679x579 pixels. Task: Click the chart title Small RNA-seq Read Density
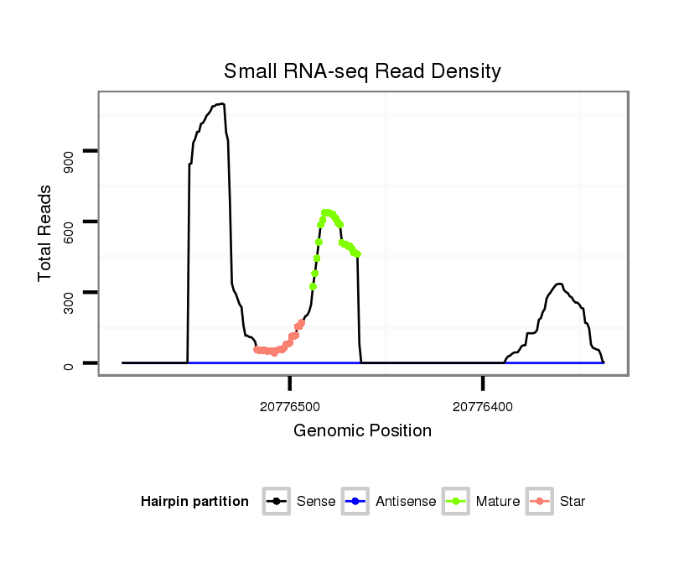(362, 71)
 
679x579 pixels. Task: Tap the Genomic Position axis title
(362, 431)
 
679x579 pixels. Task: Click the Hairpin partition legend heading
(194, 502)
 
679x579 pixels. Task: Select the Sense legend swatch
(277, 502)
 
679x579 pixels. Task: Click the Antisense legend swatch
(355, 502)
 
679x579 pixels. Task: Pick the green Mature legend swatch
(456, 502)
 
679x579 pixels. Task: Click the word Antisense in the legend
(406, 502)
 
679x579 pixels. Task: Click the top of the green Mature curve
(326, 212)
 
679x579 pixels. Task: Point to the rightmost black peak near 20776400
(559, 284)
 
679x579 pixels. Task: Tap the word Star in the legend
(573, 502)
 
